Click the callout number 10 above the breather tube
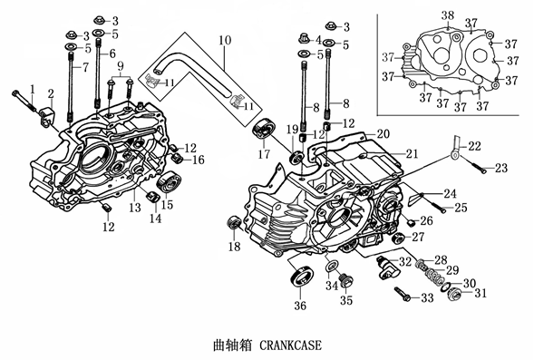point(225,40)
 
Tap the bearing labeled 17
point(263,129)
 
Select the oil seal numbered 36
point(302,275)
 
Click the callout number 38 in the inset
point(448,15)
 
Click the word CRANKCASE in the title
point(290,345)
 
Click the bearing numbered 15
point(170,183)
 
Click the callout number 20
point(384,134)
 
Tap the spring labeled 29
point(432,269)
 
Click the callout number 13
point(135,207)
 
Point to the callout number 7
point(85,67)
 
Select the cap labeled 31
point(454,294)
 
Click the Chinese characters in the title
point(233,345)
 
